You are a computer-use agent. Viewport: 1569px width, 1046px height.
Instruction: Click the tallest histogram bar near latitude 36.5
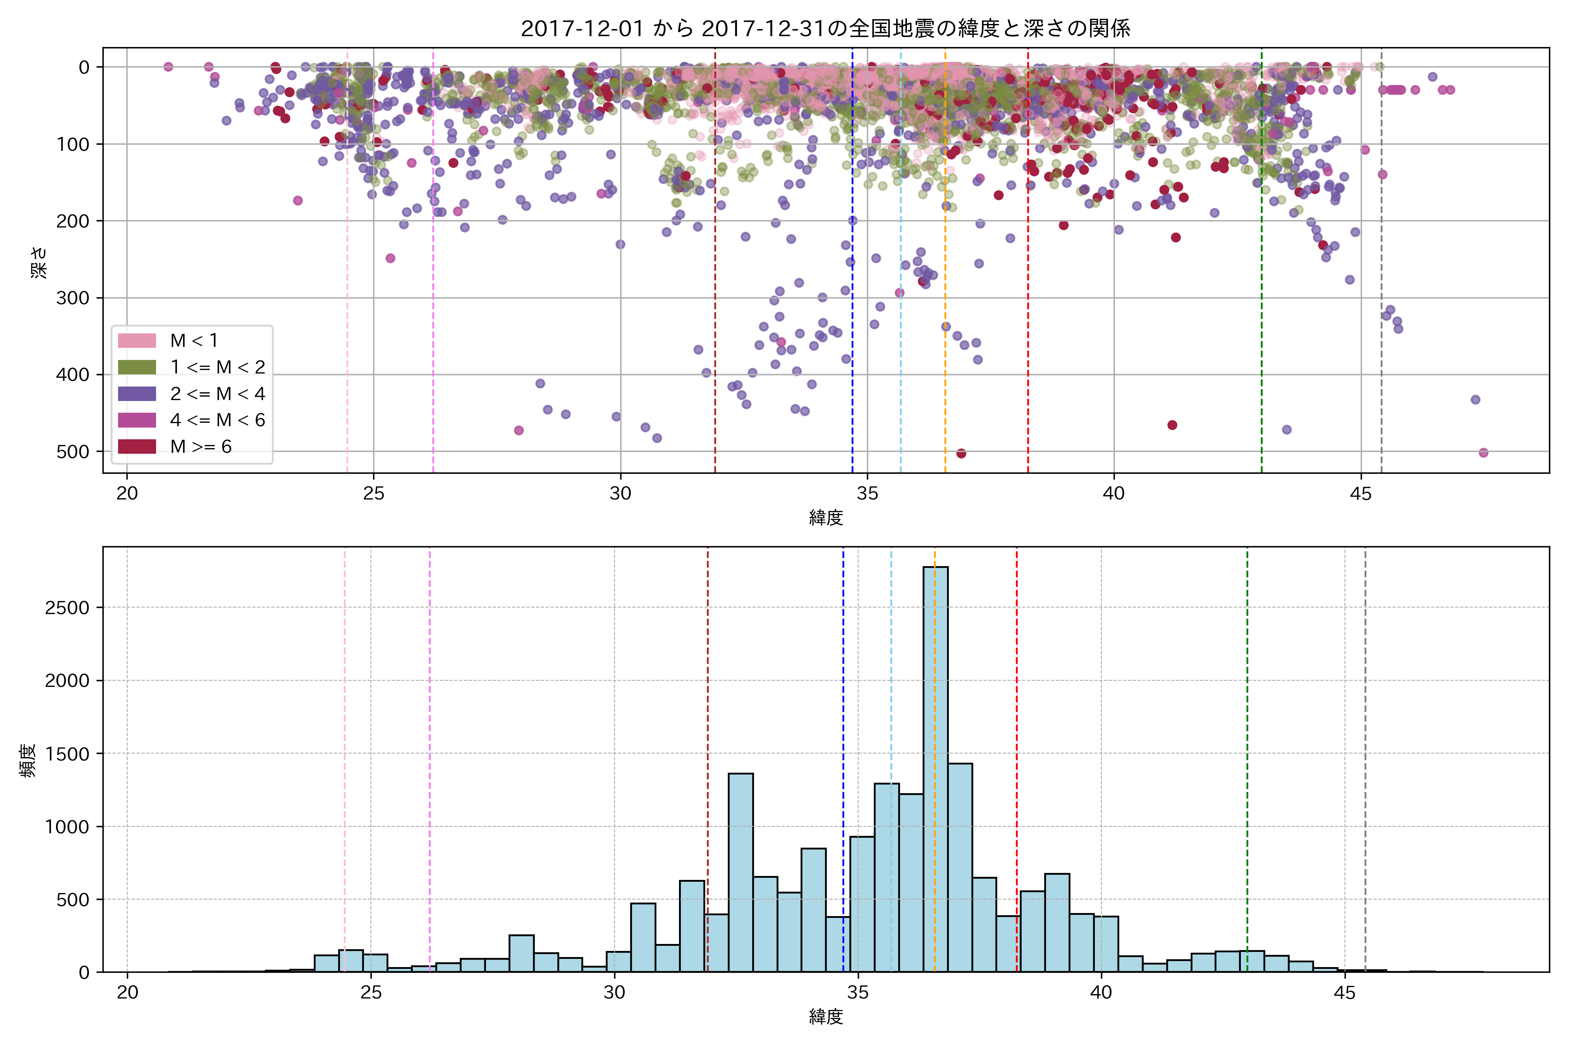pyautogui.click(x=935, y=767)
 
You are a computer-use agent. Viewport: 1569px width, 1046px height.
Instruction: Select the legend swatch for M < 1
pyautogui.click(x=137, y=341)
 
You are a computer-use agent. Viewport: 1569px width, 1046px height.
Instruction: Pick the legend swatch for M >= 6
pyautogui.click(x=137, y=446)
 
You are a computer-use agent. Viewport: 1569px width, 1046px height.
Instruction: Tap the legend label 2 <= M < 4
pyautogui.click(x=217, y=394)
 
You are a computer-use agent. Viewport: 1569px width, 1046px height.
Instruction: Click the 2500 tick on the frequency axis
pyautogui.click(x=67, y=608)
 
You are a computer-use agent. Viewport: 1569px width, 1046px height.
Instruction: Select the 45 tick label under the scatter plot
pyautogui.click(x=1360, y=494)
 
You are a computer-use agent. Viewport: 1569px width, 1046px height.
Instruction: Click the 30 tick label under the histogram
pyautogui.click(x=615, y=993)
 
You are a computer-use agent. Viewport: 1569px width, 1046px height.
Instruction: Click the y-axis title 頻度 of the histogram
pyautogui.click(x=28, y=761)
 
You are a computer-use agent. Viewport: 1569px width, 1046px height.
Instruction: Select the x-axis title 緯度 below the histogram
pyautogui.click(x=826, y=1017)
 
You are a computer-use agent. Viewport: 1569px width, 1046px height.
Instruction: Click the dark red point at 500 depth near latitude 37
pyautogui.click(x=961, y=454)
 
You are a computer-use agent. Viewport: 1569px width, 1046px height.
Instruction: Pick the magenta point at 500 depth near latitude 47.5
pyautogui.click(x=1484, y=453)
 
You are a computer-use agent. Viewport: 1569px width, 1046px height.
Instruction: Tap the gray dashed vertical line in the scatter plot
pyautogui.click(x=1381, y=267)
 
